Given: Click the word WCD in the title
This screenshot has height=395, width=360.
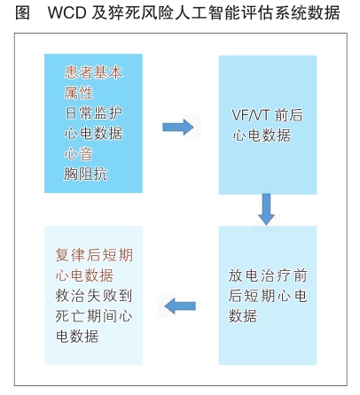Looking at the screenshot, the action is [67, 12].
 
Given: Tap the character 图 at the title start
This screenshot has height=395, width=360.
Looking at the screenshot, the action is [22, 12].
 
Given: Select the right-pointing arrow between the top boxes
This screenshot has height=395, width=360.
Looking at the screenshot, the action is [178, 127].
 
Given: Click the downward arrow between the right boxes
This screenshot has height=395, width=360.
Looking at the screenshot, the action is [266, 209].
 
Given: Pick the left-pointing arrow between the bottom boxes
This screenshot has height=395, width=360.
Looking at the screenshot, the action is [180, 306].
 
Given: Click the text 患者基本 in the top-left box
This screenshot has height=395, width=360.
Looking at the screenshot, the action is [93, 73].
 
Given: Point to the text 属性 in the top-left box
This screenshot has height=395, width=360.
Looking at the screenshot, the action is [79, 93].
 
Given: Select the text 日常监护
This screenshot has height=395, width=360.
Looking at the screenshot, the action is [93, 113].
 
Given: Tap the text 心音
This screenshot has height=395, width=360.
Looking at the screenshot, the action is [79, 154].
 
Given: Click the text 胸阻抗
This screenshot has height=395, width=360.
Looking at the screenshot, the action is [86, 174].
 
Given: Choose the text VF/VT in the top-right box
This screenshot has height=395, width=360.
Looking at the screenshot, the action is [250, 115].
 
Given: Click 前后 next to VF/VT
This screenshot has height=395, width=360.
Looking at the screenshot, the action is [289, 115].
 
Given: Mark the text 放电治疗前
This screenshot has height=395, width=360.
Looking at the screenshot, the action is [268, 275].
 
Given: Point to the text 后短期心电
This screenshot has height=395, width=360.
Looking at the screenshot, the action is [268, 296].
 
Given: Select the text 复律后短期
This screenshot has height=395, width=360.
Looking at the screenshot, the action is [94, 255].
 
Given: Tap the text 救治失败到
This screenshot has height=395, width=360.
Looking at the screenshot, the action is [94, 296].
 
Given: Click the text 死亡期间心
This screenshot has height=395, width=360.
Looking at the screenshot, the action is [94, 316].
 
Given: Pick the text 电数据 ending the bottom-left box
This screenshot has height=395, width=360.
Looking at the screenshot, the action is [77, 336].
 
